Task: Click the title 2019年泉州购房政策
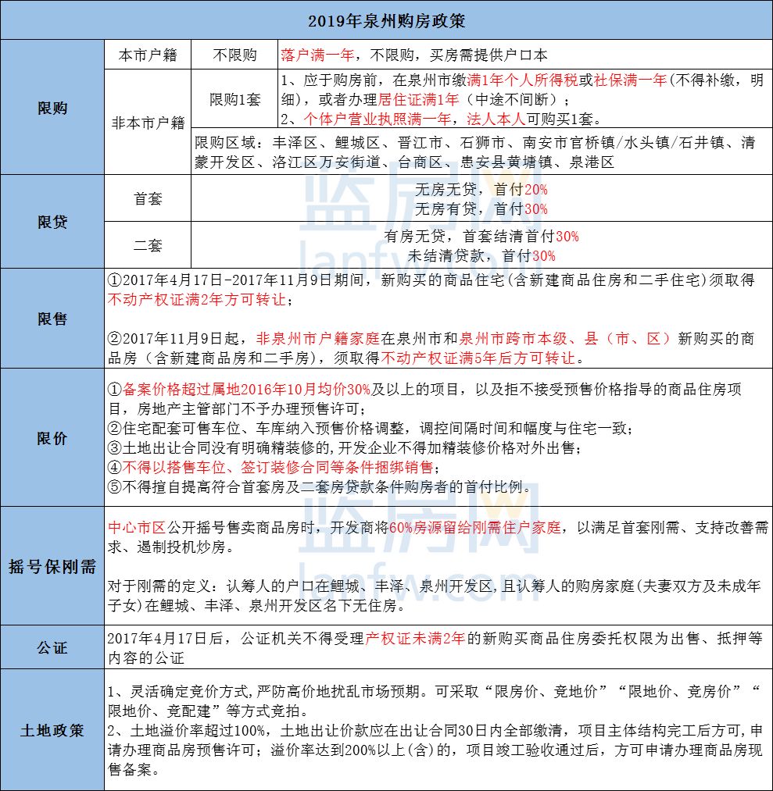coord(386,19)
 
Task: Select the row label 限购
coord(52,108)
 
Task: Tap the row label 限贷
coord(52,222)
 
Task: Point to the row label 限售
coord(52,319)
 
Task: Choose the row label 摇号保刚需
coord(52,566)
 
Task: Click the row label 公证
coord(52,647)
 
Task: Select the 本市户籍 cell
coord(148,55)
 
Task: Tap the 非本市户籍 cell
coord(148,122)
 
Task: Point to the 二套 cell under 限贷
coord(148,245)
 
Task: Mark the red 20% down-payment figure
coord(536,190)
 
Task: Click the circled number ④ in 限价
coord(115,468)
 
